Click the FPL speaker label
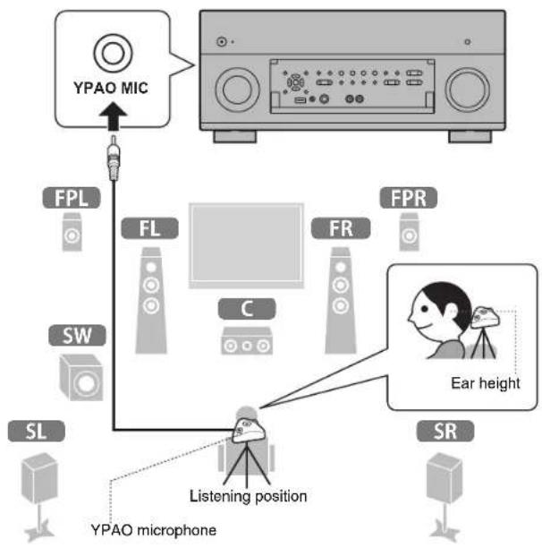(69, 197)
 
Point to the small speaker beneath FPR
(406, 234)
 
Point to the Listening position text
(248, 495)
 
